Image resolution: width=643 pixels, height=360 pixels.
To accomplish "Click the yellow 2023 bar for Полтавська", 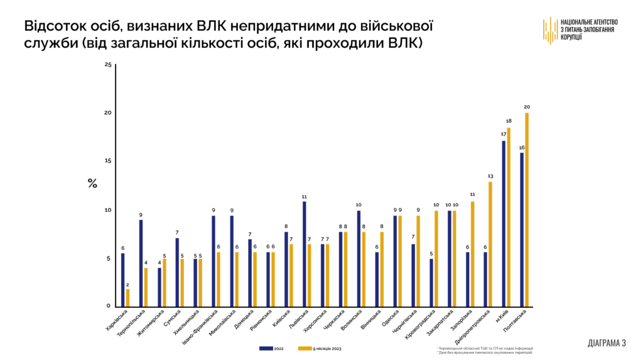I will [526, 210].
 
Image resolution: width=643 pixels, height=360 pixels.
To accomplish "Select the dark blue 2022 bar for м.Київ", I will [504, 224].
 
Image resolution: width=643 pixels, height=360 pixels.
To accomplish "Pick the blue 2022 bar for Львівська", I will [305, 254].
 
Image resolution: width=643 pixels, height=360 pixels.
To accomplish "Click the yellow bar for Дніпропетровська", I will [490, 244].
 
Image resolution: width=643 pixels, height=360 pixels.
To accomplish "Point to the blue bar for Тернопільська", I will [141, 263].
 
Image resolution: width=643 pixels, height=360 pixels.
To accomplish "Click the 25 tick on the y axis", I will [107, 65].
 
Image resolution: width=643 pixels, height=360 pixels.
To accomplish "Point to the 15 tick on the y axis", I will [107, 161].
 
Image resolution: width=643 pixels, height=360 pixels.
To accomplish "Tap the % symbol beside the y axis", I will [92, 183].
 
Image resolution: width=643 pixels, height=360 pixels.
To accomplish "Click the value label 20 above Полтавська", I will [526, 106].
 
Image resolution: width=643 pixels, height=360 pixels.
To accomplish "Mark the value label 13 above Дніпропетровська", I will [490, 176].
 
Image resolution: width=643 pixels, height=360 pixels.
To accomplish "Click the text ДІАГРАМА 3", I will [607, 343].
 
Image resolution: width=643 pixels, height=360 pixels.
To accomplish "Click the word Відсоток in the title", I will [52, 27].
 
